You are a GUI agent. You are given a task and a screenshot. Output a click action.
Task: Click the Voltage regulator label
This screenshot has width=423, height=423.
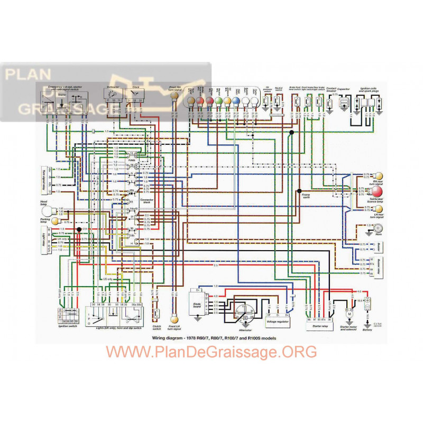tap(278, 321)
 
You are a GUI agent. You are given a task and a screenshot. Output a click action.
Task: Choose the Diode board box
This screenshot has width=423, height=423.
tap(197, 303)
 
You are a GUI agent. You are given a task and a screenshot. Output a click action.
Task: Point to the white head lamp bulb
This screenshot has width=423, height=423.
tap(47, 212)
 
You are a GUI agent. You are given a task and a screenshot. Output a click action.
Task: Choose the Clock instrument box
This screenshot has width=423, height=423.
tap(136, 93)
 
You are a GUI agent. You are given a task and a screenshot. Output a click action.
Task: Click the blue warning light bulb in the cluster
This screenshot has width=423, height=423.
tap(236, 100)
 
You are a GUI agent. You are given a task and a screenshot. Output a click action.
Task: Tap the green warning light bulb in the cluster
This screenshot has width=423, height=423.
tap(218, 100)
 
